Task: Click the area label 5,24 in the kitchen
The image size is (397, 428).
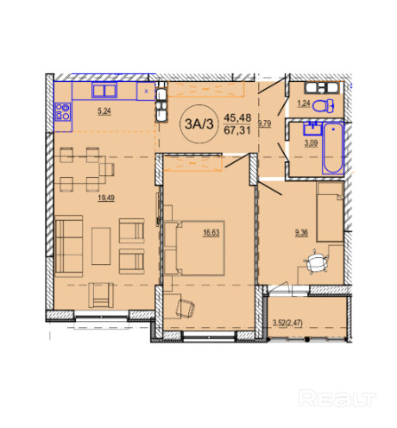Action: (x=104, y=111)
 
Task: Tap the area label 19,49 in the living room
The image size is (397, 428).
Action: (x=106, y=198)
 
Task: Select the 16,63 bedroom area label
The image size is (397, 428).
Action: (x=211, y=233)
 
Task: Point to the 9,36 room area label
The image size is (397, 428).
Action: (x=301, y=233)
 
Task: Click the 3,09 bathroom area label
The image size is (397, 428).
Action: (x=311, y=143)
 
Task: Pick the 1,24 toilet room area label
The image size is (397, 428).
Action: (x=304, y=104)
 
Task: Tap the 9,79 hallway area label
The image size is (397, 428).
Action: (x=264, y=123)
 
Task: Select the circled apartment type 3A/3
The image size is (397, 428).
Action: (x=199, y=124)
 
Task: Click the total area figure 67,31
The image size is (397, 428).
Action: (x=237, y=130)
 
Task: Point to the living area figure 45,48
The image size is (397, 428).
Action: (x=237, y=117)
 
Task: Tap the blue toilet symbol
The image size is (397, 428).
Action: (x=324, y=106)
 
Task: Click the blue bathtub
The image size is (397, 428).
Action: (x=333, y=148)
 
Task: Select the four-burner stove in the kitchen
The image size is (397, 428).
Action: (x=63, y=111)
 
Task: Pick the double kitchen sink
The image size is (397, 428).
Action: (x=104, y=90)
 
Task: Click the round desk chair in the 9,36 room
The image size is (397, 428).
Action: (x=316, y=263)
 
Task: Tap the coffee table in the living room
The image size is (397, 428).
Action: (x=101, y=246)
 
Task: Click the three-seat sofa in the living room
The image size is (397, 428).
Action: (x=69, y=246)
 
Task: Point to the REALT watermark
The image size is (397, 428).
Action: (x=337, y=399)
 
